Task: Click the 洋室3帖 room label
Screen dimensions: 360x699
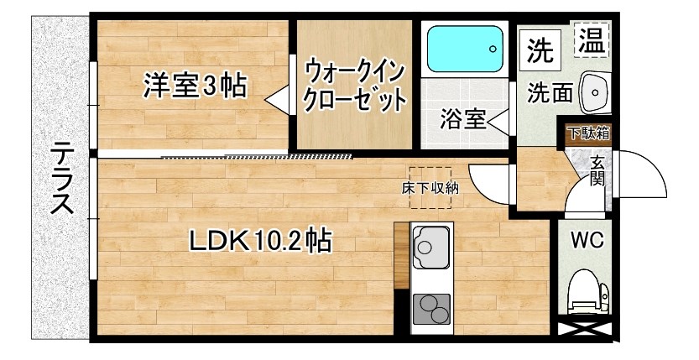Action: point(195,86)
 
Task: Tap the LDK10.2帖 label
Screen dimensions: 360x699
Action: point(259,241)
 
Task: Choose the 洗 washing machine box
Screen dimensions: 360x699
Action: point(540,52)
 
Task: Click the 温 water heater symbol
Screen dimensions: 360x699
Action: point(592,41)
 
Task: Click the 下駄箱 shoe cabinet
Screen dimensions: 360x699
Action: point(589,132)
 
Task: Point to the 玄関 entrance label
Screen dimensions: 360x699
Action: point(597,170)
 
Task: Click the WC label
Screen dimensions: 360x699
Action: point(587,240)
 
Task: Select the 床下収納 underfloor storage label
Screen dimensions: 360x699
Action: point(429,189)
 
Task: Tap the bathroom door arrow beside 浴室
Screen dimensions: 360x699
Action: point(497,121)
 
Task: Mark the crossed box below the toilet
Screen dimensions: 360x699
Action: point(586,331)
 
